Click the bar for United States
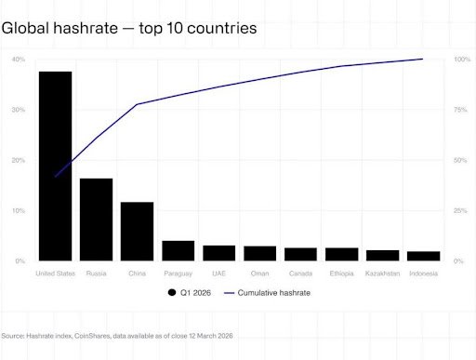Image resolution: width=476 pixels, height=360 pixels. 55,167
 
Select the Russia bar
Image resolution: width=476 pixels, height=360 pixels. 96,220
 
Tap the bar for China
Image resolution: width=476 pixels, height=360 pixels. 137,232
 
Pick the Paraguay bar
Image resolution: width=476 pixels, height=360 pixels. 178,251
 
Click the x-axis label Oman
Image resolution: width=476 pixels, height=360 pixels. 259,273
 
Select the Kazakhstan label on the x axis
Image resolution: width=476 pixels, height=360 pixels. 382,273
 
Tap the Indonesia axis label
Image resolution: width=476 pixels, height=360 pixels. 423,273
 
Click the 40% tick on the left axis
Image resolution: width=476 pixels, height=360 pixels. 18,60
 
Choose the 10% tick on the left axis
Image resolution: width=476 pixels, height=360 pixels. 18,211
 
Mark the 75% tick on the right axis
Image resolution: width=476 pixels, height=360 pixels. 460,110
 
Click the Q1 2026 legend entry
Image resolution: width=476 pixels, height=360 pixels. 191,293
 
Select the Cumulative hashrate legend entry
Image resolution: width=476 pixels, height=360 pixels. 271,293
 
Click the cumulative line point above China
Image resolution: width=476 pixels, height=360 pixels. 137,104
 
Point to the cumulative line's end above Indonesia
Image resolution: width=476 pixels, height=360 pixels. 423,59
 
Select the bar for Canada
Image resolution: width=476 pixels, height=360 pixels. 300,254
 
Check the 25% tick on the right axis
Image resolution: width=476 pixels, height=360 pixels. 460,211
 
